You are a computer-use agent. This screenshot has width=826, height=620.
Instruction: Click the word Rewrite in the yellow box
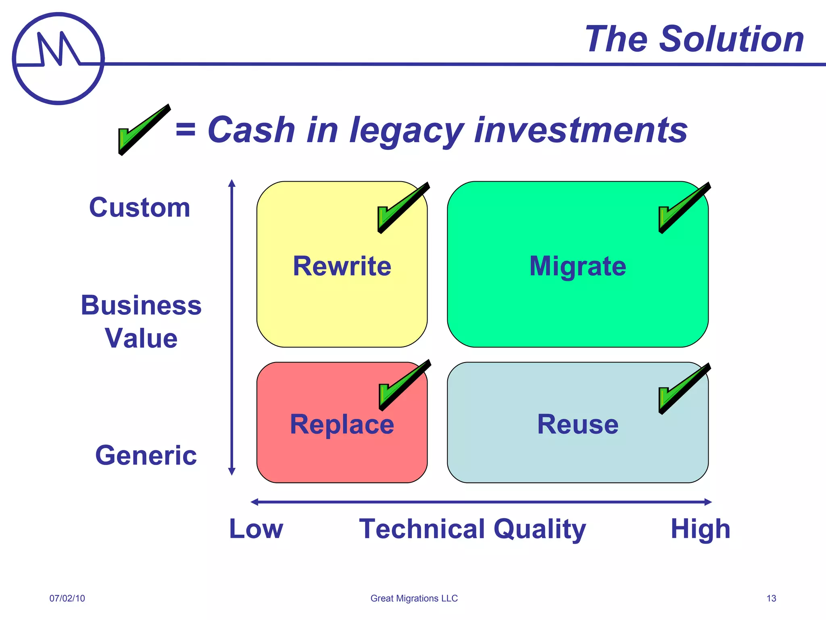tap(342, 266)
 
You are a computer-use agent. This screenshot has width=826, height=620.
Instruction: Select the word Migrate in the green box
tap(578, 266)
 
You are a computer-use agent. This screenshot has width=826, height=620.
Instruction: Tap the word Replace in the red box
tap(342, 425)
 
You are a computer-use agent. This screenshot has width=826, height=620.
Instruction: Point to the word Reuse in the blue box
tap(578, 425)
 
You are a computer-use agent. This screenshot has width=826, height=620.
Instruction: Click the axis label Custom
tap(140, 207)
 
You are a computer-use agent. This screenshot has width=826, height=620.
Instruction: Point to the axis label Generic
tap(146, 455)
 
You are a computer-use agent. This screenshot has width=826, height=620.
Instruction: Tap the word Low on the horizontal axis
tap(256, 529)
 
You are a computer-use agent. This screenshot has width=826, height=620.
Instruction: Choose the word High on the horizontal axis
tap(700, 529)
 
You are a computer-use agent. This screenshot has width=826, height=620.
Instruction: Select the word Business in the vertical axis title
tap(141, 305)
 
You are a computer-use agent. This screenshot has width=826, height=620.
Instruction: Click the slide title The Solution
tap(694, 39)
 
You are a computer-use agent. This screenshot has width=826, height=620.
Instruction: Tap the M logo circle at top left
tap(58, 59)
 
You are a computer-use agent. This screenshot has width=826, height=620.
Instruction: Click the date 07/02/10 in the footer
tap(67, 598)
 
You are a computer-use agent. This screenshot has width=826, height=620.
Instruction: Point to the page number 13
tap(771, 598)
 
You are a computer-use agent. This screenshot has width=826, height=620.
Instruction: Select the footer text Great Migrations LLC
tap(414, 598)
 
